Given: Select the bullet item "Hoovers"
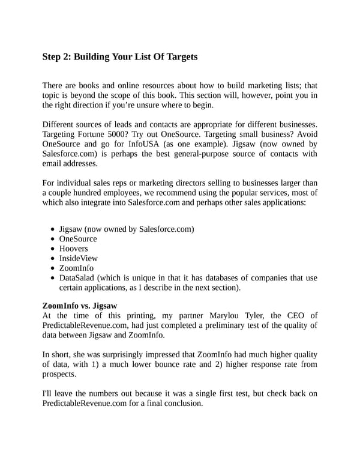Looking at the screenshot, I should tap(73, 249).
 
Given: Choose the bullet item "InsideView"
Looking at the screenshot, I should tap(78, 258).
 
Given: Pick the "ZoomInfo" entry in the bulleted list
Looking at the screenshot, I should tap(76, 268).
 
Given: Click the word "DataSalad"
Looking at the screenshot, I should tap(79, 277).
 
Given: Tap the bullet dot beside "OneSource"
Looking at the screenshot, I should tap(54, 239).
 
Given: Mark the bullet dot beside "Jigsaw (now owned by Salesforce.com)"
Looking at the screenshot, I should tap(54, 229).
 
